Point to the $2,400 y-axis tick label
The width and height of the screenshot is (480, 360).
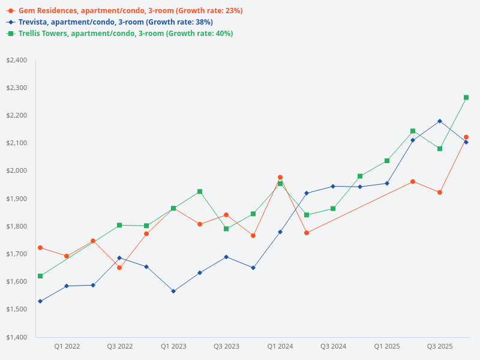coord(17,60)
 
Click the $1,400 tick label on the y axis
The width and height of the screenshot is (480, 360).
coord(17,337)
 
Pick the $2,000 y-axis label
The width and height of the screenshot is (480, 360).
coord(17,171)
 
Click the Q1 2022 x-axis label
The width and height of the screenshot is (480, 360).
coord(67,347)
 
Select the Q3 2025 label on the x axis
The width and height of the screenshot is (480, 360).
coord(440,347)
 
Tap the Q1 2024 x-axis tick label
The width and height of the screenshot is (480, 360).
coord(280,347)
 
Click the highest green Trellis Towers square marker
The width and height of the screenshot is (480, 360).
coord(466,97)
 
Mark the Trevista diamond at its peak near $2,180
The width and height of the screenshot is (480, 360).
coord(440,121)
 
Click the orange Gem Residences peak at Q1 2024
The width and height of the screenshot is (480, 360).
coord(280,178)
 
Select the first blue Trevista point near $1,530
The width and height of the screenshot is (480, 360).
coord(40,301)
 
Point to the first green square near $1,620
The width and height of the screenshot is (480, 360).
coord(40,276)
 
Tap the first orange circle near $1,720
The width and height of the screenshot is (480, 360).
coord(40,248)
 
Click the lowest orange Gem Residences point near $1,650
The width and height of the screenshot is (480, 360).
coord(119,268)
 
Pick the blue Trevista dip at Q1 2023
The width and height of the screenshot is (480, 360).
coord(173,291)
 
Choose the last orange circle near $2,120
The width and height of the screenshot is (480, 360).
coord(466,137)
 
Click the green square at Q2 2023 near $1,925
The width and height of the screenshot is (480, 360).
coord(200,191)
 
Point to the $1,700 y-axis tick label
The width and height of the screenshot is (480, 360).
coord(17,254)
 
